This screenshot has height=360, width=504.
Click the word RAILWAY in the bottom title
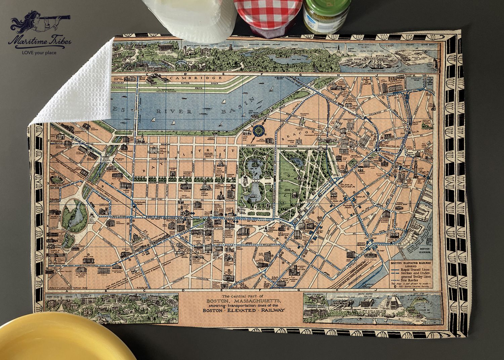point(272,310)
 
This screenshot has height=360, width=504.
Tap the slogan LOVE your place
point(39,52)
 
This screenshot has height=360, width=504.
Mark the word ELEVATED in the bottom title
point(239,310)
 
